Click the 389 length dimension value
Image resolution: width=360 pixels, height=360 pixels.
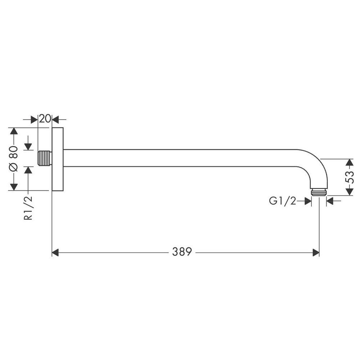(182, 252)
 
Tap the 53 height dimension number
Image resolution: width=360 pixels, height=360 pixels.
(350, 177)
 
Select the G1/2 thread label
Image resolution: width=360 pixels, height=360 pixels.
(283, 201)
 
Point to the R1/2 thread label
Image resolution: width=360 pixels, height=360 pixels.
(28, 208)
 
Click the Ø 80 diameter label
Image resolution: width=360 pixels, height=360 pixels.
(14, 158)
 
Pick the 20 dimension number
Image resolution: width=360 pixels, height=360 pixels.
(45, 119)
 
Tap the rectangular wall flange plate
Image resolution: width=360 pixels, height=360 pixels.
(58, 159)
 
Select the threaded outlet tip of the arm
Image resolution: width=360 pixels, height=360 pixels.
(319, 192)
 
